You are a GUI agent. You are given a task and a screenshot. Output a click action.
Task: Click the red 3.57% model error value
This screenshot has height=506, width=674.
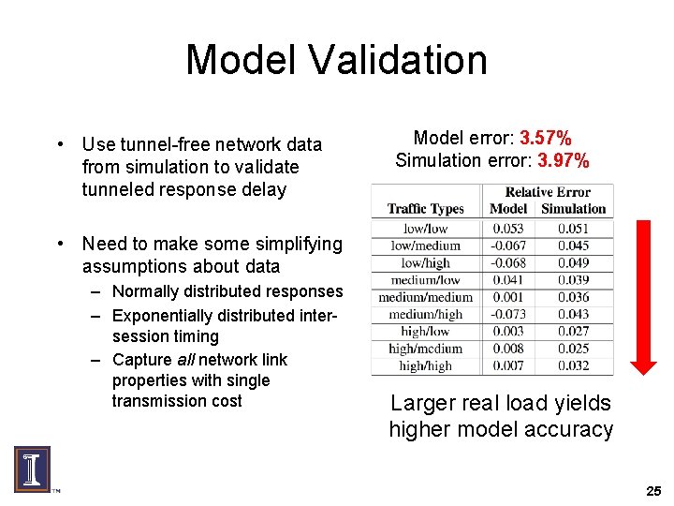(545, 139)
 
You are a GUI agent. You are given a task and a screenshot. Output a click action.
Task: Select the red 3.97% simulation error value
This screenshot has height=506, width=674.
(563, 160)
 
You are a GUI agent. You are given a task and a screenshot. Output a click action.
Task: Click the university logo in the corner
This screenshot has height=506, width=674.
(31, 469)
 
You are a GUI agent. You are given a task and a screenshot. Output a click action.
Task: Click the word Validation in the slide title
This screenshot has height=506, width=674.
(400, 60)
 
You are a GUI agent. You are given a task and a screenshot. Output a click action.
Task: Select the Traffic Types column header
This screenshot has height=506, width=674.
(425, 209)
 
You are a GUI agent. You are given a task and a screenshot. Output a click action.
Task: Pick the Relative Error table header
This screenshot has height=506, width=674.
(548, 192)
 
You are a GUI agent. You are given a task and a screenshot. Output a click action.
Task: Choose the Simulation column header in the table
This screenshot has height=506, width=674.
(573, 209)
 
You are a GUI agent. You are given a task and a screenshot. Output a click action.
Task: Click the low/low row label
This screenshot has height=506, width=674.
(425, 229)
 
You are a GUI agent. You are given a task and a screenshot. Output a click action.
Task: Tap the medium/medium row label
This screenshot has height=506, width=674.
(425, 297)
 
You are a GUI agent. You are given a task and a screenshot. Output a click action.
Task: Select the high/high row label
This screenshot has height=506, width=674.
(425, 366)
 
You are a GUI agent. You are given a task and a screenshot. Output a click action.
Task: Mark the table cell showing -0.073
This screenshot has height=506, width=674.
(508, 315)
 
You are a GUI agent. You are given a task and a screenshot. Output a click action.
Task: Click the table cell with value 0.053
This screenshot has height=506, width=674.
(508, 229)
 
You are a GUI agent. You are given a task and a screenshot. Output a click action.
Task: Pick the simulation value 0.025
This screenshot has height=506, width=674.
(573, 350)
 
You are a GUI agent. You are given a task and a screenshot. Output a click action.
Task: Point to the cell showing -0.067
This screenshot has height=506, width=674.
(508, 246)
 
